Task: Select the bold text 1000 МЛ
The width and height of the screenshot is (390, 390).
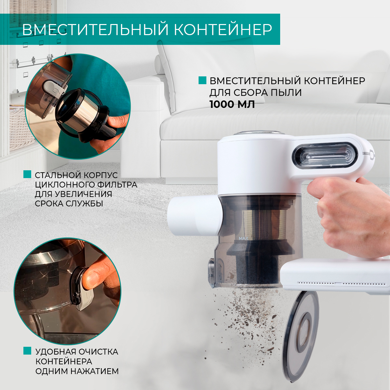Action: click(x=232, y=104)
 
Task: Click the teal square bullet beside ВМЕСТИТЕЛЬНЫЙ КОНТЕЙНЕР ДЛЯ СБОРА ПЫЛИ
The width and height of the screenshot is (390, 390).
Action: click(x=202, y=81)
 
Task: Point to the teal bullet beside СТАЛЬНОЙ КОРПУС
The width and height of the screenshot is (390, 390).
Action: click(x=27, y=175)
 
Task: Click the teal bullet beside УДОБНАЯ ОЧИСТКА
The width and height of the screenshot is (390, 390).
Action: click(x=27, y=351)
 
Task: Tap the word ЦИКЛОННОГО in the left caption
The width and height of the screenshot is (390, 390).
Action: click(x=61, y=185)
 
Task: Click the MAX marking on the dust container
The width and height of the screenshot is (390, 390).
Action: click(x=243, y=238)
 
